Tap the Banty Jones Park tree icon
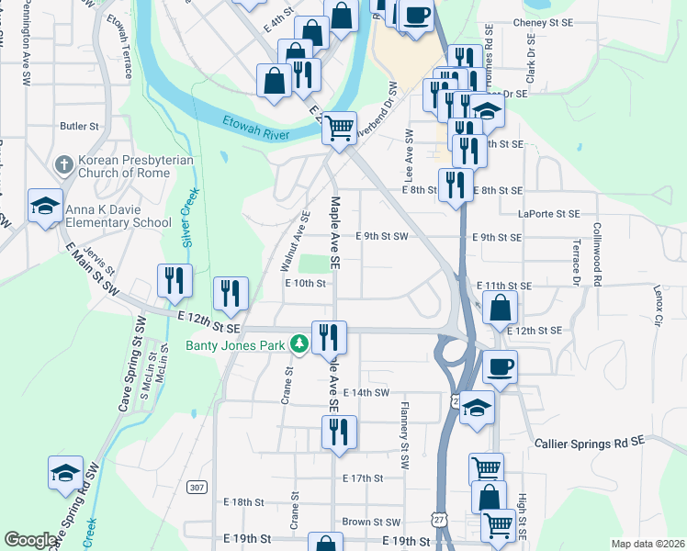click(x=298, y=345)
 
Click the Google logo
click(x=29, y=540)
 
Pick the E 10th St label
click(x=306, y=283)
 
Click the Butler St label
click(x=79, y=126)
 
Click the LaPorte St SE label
click(x=549, y=213)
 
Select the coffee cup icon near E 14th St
click(x=500, y=367)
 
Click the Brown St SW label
click(x=371, y=522)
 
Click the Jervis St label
click(x=98, y=260)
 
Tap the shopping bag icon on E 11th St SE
click(x=500, y=308)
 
